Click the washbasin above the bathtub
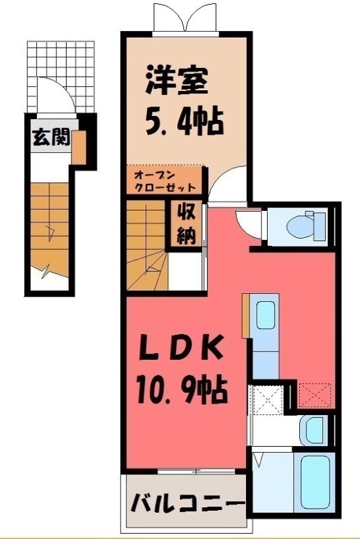tap(312, 429)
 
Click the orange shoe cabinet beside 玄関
tap(80, 147)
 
